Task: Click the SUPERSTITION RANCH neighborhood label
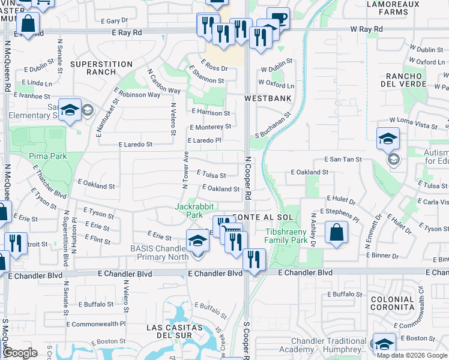point(101,68)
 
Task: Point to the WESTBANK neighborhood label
point(268,98)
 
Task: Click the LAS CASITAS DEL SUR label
point(175,332)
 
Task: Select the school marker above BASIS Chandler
point(197,241)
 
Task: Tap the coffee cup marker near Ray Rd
point(277,18)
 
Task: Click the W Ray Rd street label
point(366,29)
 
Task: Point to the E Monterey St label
point(210,127)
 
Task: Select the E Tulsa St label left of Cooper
point(211,176)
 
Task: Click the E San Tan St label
point(343,160)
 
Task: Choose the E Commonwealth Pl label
point(96,323)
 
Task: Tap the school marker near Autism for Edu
point(388,139)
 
